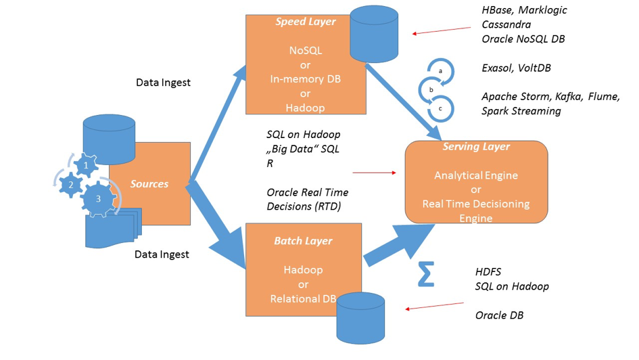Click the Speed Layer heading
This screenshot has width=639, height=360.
tap(306, 22)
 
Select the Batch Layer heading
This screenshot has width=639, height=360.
tap(303, 241)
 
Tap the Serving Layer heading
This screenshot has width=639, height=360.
tap(476, 147)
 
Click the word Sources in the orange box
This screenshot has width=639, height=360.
tap(149, 184)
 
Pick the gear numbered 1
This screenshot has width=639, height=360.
tap(85, 164)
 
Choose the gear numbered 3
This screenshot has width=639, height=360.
tap(98, 199)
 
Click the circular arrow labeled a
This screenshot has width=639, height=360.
tap(441, 71)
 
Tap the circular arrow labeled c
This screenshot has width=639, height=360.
tap(441, 108)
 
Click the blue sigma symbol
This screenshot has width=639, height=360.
tap(425, 273)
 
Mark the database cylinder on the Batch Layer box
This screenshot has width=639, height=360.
tap(361, 317)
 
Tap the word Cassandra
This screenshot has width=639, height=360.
tap(506, 24)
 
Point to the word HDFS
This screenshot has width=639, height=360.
tap(488, 272)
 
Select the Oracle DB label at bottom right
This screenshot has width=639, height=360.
tap(499, 315)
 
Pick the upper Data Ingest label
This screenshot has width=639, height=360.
tap(163, 83)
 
